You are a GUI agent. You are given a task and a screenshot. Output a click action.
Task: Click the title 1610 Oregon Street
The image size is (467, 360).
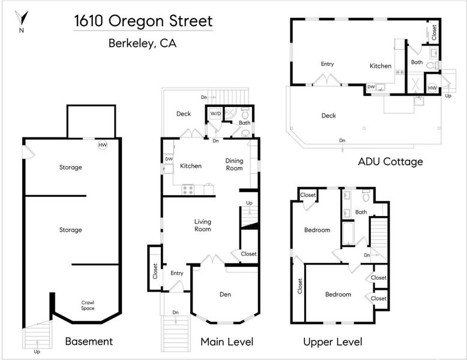pos(143,21)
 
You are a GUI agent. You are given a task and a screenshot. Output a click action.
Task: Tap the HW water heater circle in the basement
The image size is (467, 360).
pos(103,145)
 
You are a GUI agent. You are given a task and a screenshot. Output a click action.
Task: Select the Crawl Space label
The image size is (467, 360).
pos(88,305)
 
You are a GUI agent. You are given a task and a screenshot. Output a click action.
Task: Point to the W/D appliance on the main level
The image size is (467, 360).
pos(215,114)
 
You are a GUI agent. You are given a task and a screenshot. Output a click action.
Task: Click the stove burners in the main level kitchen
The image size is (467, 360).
pos(188,190)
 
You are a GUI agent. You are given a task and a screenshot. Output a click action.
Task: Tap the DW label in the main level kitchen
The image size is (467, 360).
pos(169,159)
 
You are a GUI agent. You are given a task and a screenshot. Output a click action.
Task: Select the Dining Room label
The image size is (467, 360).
pos(234,164)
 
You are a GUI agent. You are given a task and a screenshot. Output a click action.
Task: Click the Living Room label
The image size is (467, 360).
pos(202,226)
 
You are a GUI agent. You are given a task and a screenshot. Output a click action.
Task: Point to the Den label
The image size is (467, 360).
pos(225,294)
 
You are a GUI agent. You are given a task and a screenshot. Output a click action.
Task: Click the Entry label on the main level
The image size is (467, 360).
pos(177,273)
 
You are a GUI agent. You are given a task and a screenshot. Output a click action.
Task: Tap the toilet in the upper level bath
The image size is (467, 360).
pos(366,196)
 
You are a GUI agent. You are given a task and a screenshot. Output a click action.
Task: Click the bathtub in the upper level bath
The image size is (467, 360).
pos(348,233)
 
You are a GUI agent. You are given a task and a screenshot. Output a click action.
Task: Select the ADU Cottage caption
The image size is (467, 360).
pos(390,161)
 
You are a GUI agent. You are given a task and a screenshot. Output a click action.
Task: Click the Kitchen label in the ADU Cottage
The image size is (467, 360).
pos(381,66)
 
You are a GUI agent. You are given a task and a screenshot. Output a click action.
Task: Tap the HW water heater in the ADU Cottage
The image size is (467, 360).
pos(432,88)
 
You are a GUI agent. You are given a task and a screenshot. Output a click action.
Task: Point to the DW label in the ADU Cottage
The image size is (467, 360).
pos(371,87)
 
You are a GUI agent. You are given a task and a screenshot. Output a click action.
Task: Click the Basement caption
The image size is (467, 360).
pos(89,341)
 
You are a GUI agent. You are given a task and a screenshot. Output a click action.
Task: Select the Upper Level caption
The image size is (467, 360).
pos(333,342)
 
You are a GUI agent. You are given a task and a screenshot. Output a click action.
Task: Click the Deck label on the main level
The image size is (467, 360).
pos(184,114)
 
